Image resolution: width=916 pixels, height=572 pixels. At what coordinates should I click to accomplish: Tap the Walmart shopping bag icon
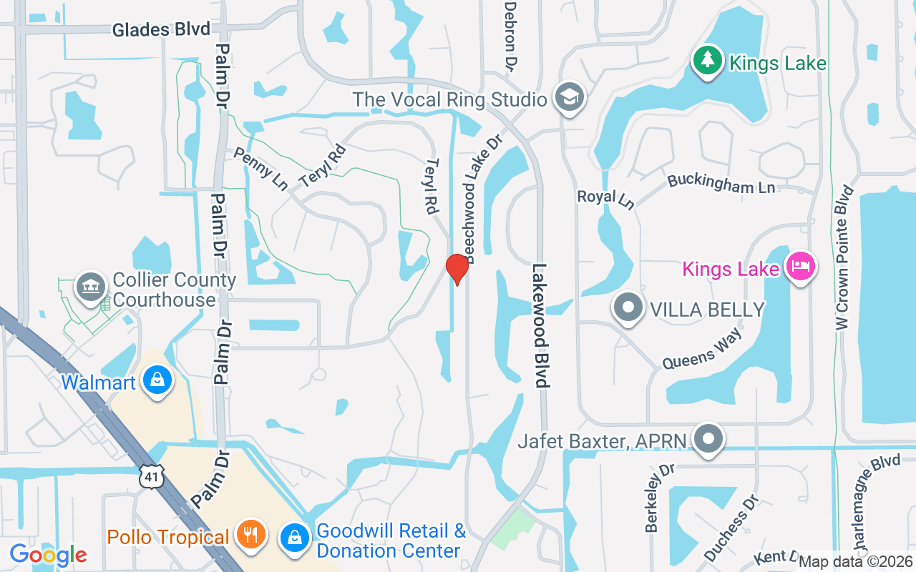(x=157, y=380)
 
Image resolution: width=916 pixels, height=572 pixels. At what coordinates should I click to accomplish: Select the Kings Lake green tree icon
(x=708, y=61)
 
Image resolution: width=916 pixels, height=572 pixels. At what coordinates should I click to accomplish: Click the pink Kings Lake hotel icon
(x=799, y=267)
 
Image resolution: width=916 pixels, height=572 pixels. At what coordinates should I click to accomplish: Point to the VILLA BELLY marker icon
(x=628, y=309)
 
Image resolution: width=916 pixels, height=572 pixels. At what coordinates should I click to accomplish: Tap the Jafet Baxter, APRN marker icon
(x=708, y=438)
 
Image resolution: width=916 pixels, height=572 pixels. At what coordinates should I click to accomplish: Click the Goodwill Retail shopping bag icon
(x=294, y=538)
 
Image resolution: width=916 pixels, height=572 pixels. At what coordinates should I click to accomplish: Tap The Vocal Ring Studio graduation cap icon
(x=570, y=99)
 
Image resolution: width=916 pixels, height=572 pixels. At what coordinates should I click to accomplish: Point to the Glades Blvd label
(x=161, y=29)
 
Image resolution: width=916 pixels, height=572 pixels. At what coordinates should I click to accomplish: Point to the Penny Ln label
(x=261, y=169)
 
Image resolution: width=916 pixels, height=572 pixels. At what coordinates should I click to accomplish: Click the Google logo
(x=48, y=554)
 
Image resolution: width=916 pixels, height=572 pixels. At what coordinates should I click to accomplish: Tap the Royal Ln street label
(x=606, y=199)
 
